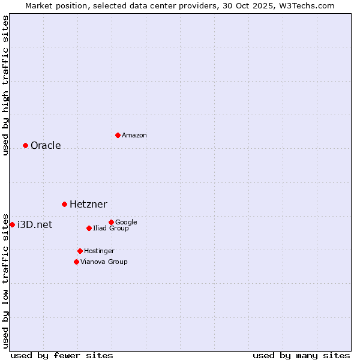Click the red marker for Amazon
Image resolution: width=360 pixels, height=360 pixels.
pos(118,135)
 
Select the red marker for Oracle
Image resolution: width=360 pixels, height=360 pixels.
pos(25,145)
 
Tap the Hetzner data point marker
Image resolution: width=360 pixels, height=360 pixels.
pos(64,204)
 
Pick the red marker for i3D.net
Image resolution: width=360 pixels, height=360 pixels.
pos(12,224)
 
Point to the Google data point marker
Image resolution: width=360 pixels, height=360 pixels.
pos(111,222)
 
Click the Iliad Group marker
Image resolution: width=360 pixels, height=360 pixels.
pos(89,228)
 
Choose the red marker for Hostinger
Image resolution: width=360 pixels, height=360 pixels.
pos(80,251)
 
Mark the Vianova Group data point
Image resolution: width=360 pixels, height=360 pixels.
pos(76,262)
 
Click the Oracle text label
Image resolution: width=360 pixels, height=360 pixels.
pos(46,146)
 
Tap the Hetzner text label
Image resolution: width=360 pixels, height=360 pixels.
pos(88,205)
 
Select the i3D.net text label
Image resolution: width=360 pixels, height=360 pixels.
pos(35,225)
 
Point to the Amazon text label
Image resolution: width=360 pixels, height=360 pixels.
pos(134,136)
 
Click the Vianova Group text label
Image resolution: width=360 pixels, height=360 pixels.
pos(104,262)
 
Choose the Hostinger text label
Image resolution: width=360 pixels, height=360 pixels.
pos(99,251)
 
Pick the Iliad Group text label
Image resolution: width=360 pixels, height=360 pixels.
pos(111,229)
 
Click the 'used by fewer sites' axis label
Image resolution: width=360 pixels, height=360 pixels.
pos(62,355)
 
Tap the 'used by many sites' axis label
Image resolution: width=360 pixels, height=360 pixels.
pos(301,355)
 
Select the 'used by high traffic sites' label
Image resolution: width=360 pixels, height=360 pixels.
pos(5,85)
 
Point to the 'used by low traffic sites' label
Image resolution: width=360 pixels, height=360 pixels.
pos(5,280)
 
